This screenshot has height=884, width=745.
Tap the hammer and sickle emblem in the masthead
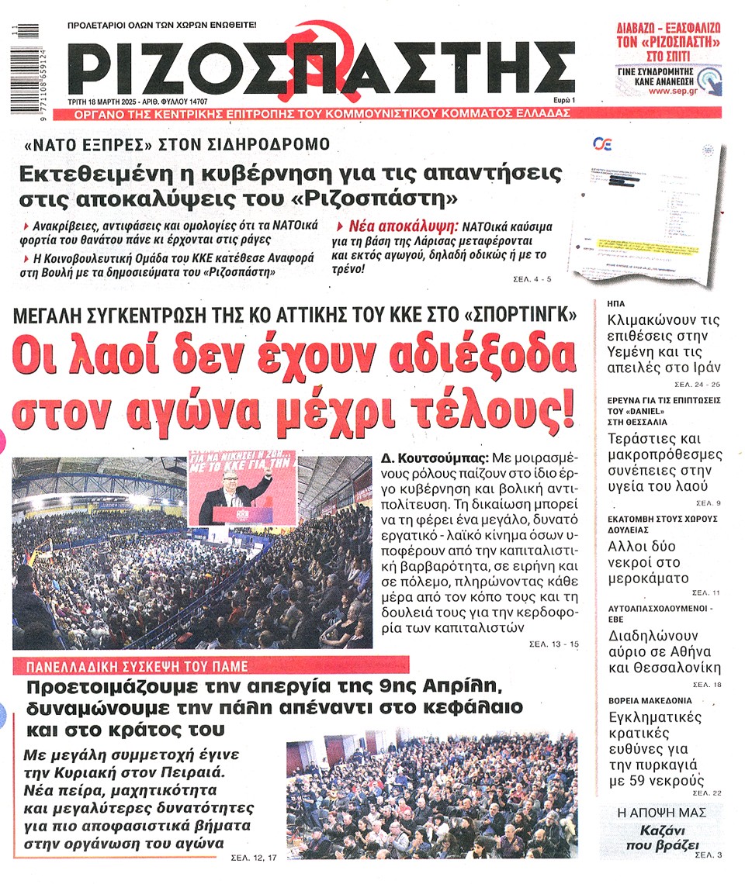coord(315,58)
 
